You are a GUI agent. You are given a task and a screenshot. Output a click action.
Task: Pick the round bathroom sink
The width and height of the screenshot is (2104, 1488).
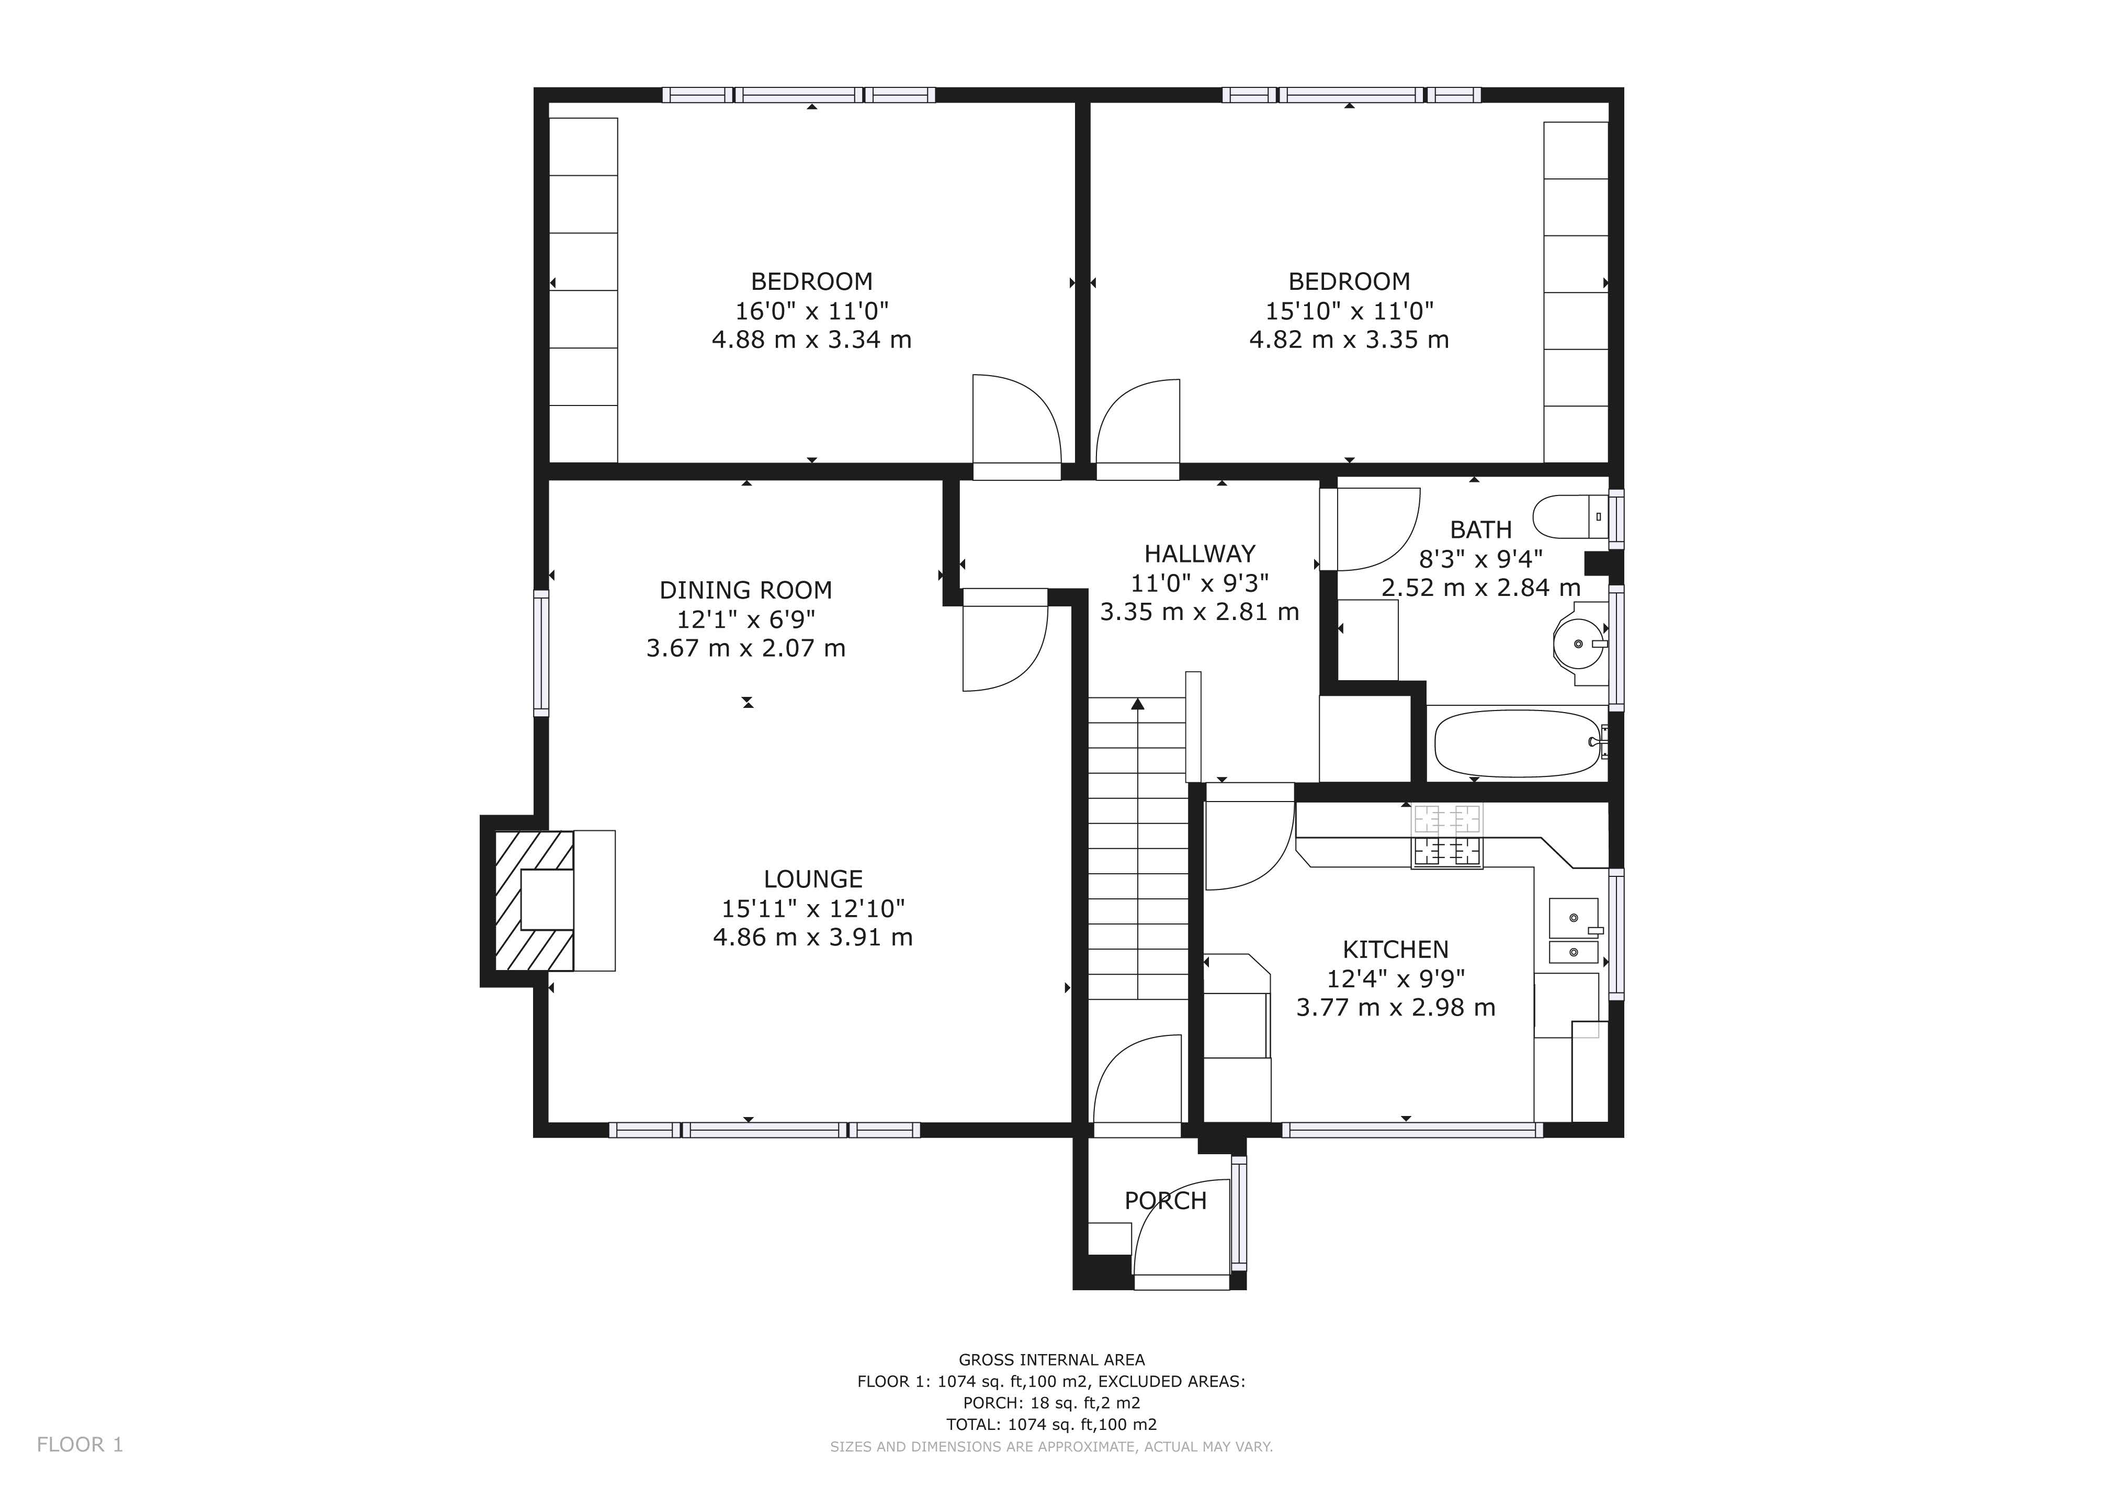click(1578, 644)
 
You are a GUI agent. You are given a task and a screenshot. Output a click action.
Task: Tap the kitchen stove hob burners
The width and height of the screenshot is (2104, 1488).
click(1447, 836)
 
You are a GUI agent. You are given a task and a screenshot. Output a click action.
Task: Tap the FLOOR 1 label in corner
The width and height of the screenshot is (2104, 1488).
click(80, 1445)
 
